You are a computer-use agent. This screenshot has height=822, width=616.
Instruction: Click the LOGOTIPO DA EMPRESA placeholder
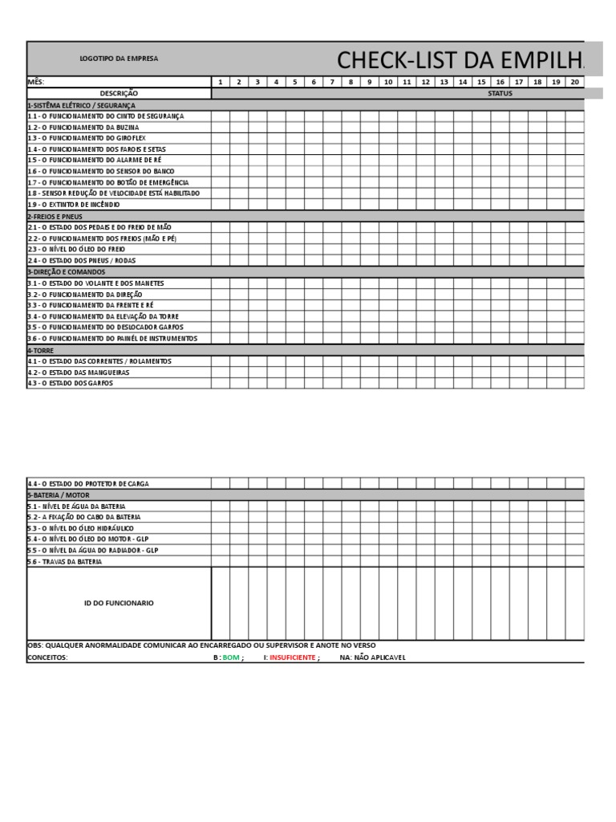pos(119,59)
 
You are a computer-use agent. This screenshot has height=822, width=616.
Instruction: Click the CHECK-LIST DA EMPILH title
pos(460,59)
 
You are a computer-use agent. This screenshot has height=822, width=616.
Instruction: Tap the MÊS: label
pos(37,82)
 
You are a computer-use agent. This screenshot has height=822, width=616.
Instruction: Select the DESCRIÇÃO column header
pos(119,93)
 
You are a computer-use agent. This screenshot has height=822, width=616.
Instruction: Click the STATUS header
pos(500,93)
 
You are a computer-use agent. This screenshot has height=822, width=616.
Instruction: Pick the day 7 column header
pos(332,82)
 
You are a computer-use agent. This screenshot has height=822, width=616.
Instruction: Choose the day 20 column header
pos(574,82)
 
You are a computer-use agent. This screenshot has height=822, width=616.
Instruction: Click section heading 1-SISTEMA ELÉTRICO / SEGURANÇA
pos(81,104)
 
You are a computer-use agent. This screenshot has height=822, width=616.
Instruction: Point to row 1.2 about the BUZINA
pos(83,127)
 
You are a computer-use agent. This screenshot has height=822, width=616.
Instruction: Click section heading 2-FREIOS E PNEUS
pos(55,216)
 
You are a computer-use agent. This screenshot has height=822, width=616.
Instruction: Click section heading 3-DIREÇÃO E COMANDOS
pos(67,271)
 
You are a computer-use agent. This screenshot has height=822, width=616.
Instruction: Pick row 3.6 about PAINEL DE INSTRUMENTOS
pos(112,338)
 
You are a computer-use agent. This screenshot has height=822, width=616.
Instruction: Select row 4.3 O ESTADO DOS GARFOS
pos(71,383)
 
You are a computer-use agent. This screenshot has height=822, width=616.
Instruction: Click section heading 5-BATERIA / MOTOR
pos(60,495)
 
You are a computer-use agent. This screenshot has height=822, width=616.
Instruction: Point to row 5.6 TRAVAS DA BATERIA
pos(65,562)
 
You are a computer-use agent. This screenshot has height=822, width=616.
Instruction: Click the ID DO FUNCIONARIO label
pos(119,603)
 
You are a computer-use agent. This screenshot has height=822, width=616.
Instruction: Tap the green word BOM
pos(231,657)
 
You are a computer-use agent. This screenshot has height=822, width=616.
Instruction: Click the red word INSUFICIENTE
pos(292,657)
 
